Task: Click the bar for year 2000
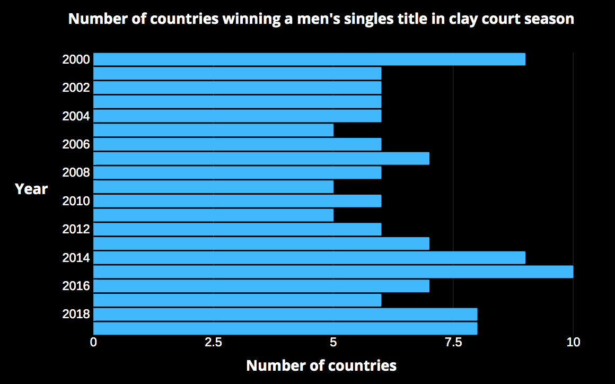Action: (x=309, y=59)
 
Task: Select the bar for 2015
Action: (x=333, y=272)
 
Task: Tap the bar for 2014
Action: (x=309, y=258)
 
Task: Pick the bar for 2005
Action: (x=213, y=130)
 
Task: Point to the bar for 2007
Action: (x=261, y=158)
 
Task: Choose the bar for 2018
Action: (x=285, y=314)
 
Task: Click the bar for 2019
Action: (x=285, y=328)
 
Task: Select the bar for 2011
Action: (x=213, y=215)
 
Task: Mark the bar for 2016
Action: (x=261, y=286)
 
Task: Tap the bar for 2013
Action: (x=261, y=243)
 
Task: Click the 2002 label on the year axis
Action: (x=76, y=88)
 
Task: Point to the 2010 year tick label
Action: (x=76, y=201)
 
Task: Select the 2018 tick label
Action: (x=76, y=314)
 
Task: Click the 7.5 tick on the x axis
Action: (x=453, y=343)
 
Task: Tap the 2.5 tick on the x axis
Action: (x=213, y=343)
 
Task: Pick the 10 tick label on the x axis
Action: (x=573, y=343)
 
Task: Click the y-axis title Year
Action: (x=31, y=189)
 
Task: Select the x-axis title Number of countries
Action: (x=321, y=365)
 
